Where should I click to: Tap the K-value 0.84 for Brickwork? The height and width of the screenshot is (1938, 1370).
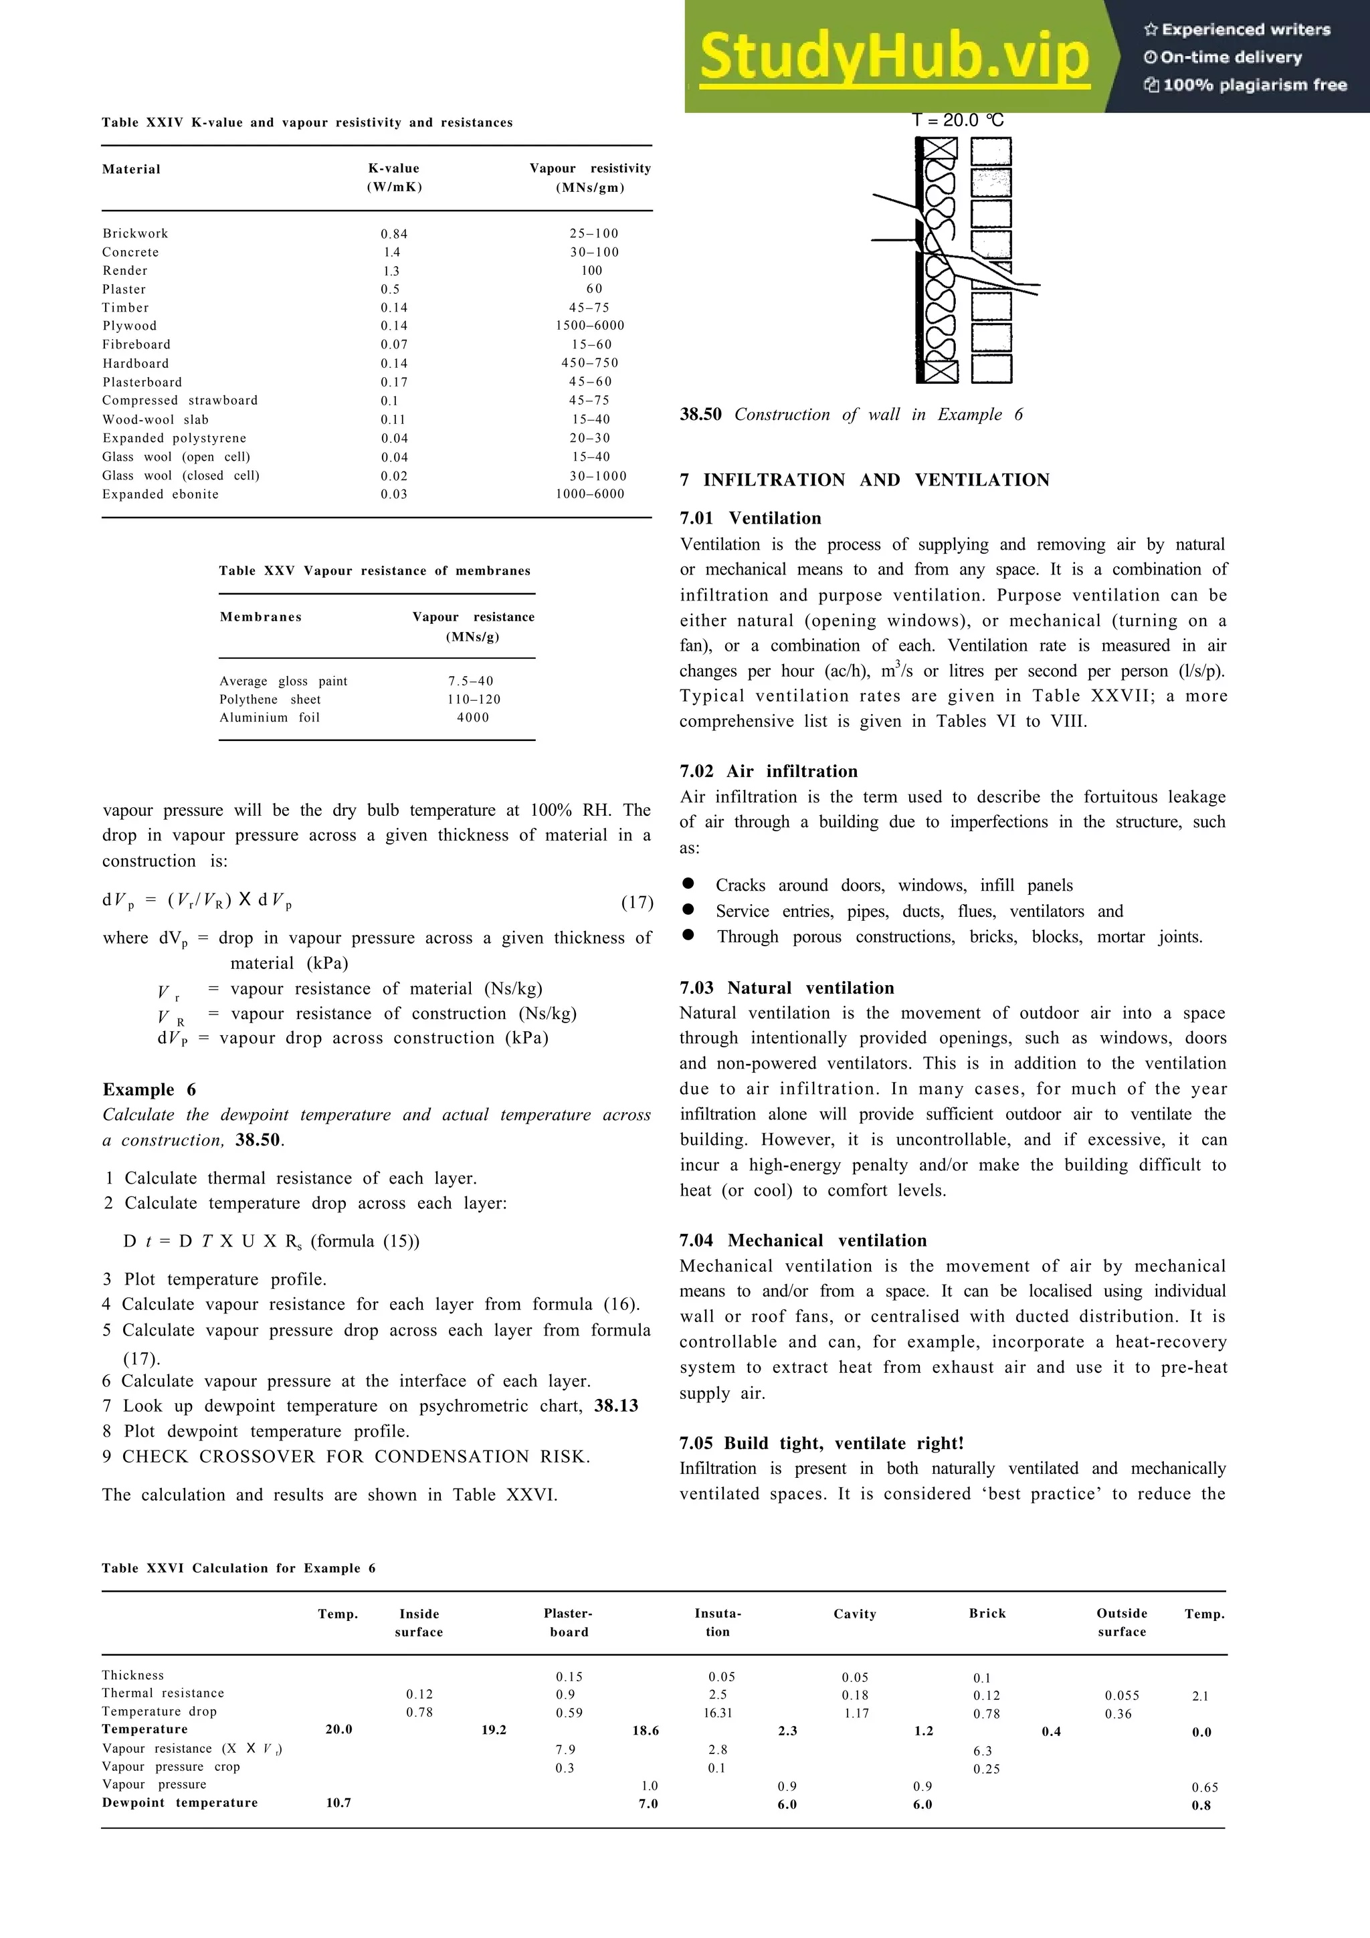[393, 234]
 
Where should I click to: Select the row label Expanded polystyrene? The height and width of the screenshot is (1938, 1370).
[174, 438]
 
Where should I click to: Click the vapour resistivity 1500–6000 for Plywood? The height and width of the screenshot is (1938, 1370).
[589, 326]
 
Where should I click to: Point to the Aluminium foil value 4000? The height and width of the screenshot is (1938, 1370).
[473, 718]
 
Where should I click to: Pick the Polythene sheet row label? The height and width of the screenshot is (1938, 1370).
[270, 699]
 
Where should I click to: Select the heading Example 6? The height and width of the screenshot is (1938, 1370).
[149, 1089]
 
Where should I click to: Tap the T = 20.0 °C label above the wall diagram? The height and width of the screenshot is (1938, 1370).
[957, 120]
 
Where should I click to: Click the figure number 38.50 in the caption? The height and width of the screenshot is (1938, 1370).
[700, 415]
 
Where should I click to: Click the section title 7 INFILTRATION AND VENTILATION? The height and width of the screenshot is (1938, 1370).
[864, 480]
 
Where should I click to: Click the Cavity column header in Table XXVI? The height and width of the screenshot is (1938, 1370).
[854, 1614]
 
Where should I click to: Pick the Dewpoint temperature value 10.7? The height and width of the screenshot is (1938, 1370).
[338, 1802]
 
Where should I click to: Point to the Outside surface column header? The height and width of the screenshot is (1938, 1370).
[1121, 1622]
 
